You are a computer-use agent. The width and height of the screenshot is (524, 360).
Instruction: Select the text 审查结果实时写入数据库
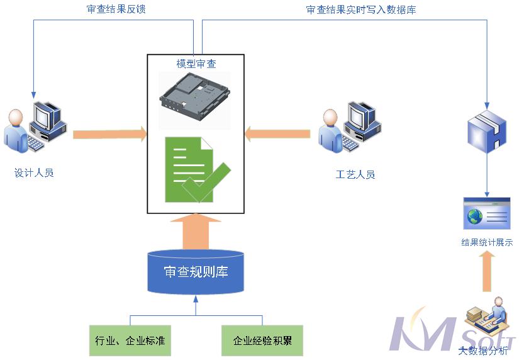(360, 9)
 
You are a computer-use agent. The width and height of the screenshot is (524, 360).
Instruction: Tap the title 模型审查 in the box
(196, 64)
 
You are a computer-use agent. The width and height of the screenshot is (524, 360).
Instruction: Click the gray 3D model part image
(195, 96)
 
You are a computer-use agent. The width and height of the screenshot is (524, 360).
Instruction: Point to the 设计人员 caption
(35, 172)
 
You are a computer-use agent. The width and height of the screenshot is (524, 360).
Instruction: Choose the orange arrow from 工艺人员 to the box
(278, 133)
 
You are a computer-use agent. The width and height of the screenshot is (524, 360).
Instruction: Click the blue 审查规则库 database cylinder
(196, 272)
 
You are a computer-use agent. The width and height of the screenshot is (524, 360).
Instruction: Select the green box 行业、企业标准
(130, 340)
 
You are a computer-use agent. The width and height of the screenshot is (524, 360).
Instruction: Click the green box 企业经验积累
(262, 340)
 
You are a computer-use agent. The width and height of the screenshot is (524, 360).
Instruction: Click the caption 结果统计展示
(486, 242)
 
